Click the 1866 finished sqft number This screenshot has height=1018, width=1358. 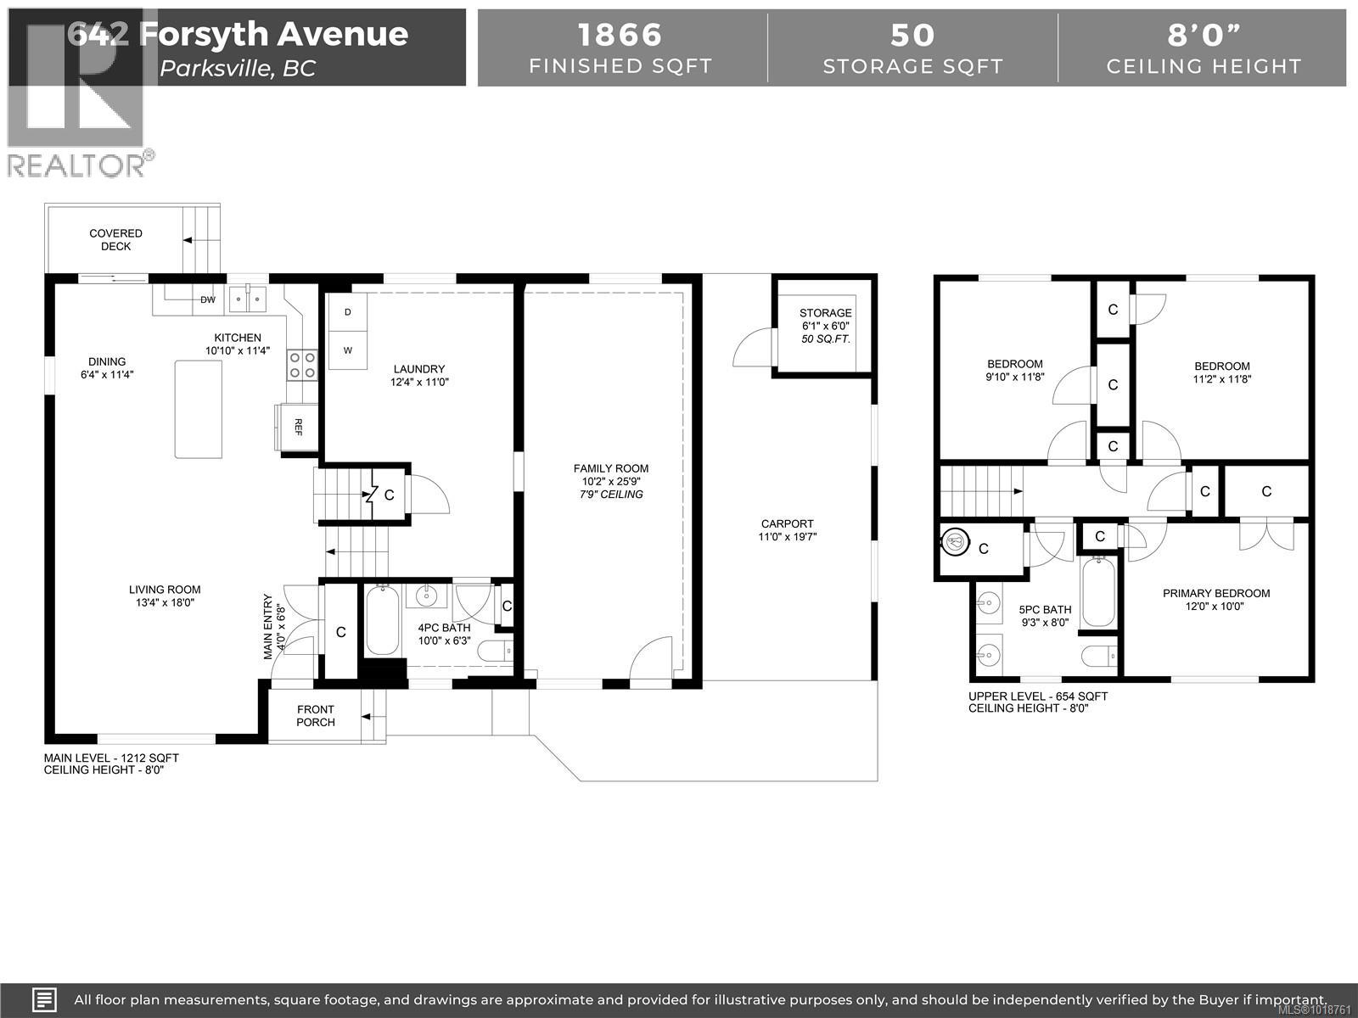click(620, 36)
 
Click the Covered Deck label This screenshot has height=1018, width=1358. click(116, 239)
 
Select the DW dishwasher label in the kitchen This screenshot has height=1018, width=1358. click(208, 299)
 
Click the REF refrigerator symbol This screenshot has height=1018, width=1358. click(296, 426)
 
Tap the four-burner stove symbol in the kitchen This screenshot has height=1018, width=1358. click(302, 365)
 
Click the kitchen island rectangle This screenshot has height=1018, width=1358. click(199, 409)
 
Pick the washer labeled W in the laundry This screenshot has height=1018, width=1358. click(348, 350)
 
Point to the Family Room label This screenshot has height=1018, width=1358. click(610, 468)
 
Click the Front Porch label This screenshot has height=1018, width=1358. click(316, 715)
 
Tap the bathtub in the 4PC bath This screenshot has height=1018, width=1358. click(381, 622)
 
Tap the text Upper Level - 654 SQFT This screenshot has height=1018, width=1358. click(1037, 696)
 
